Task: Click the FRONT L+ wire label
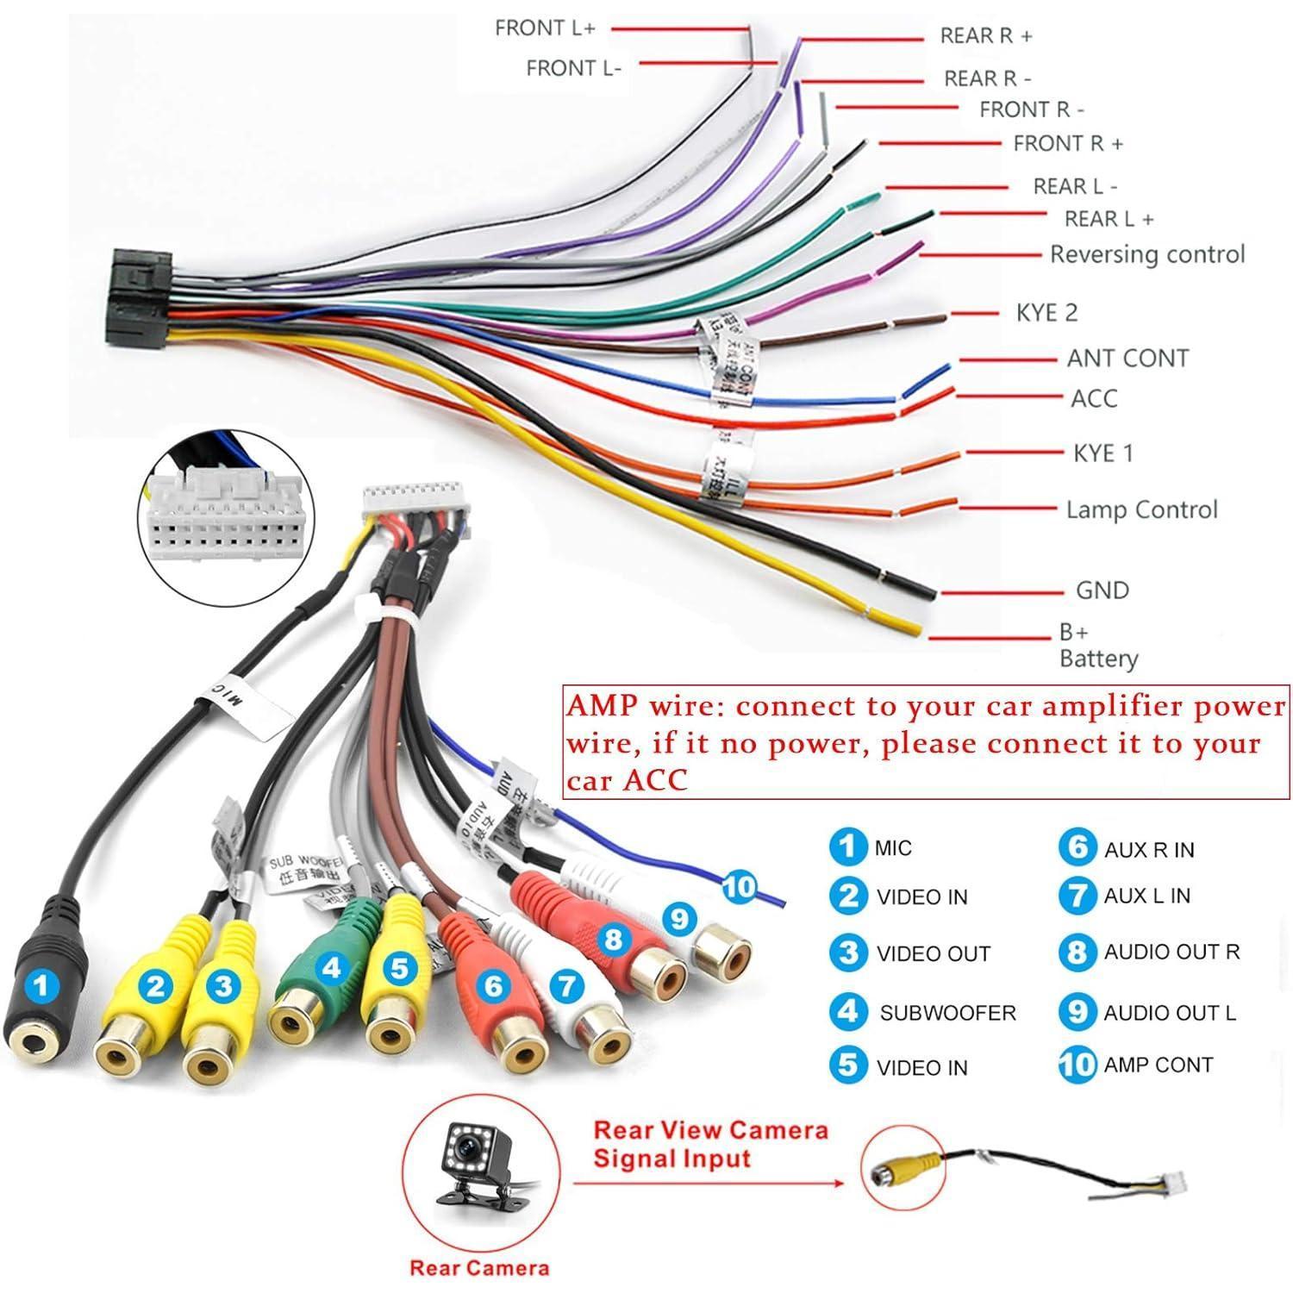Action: [x=545, y=28]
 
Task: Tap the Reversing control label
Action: [x=1146, y=254]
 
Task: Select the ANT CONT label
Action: [x=1127, y=358]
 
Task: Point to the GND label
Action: [x=1102, y=590]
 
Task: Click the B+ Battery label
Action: [x=1097, y=646]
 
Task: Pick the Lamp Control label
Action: [x=1141, y=509]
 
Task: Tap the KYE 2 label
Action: [x=1046, y=312]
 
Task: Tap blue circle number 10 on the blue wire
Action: [x=739, y=886]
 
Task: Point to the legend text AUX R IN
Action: [x=1148, y=850]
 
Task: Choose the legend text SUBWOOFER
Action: [x=947, y=1013]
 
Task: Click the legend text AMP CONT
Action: [x=1158, y=1065]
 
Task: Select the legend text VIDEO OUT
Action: [x=933, y=954]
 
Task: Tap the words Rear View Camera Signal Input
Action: [x=710, y=1144]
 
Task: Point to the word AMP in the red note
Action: [x=602, y=706]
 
